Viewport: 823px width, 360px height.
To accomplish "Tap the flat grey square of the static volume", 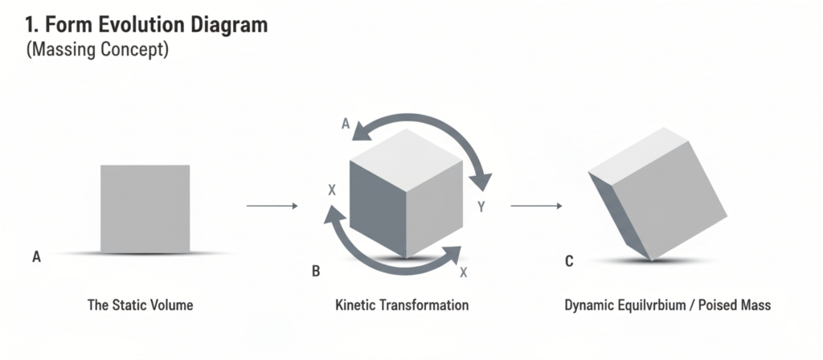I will click(x=145, y=207).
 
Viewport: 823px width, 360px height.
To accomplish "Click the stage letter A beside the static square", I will click(x=36, y=257).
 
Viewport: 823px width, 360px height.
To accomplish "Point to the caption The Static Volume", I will click(x=140, y=306).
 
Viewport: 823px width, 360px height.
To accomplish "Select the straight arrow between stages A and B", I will click(x=272, y=207).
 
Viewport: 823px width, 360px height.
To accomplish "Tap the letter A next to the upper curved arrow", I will click(x=346, y=124).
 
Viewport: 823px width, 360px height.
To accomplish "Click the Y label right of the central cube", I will click(x=481, y=207).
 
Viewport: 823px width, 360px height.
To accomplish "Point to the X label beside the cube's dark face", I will click(x=332, y=190).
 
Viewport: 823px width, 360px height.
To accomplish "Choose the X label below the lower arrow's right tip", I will click(x=464, y=272).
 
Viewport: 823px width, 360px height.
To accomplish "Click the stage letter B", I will click(x=316, y=272).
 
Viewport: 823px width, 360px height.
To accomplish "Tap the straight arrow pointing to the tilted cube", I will click(x=536, y=207).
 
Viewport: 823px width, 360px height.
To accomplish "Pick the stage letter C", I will click(x=569, y=261).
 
